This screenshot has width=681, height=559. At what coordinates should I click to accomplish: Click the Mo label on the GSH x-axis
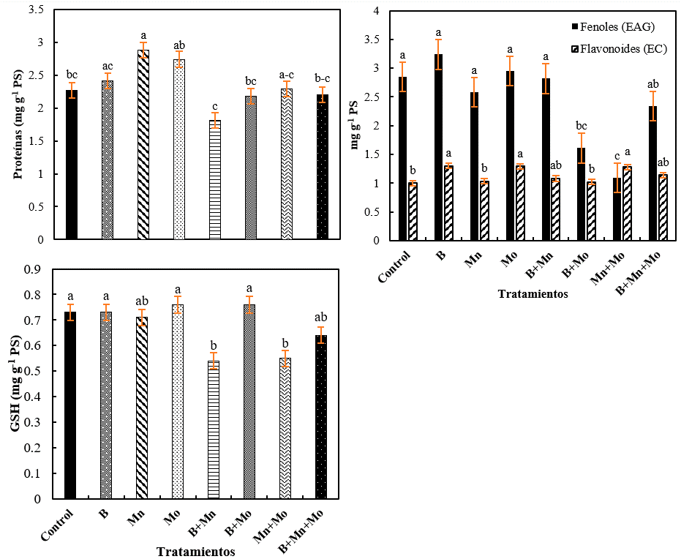(x=173, y=516)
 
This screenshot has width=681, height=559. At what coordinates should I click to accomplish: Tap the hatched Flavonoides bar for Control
(x=413, y=211)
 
